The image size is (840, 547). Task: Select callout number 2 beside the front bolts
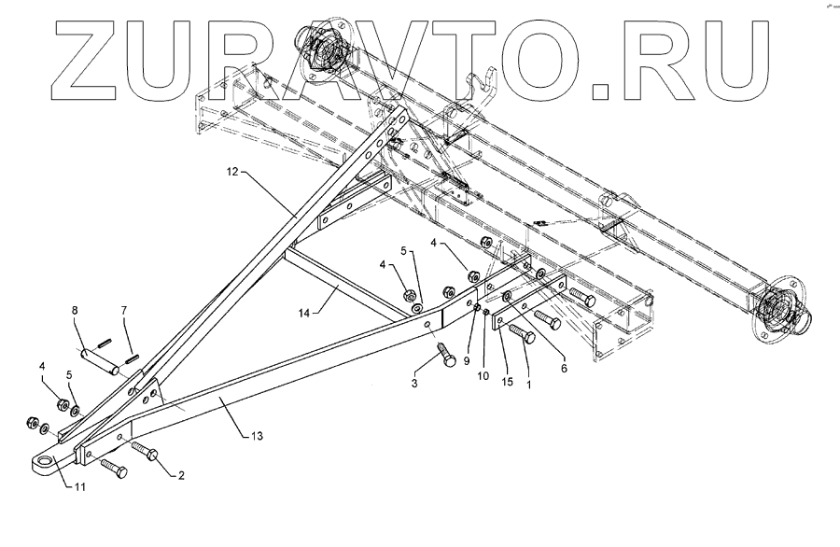(181, 475)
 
